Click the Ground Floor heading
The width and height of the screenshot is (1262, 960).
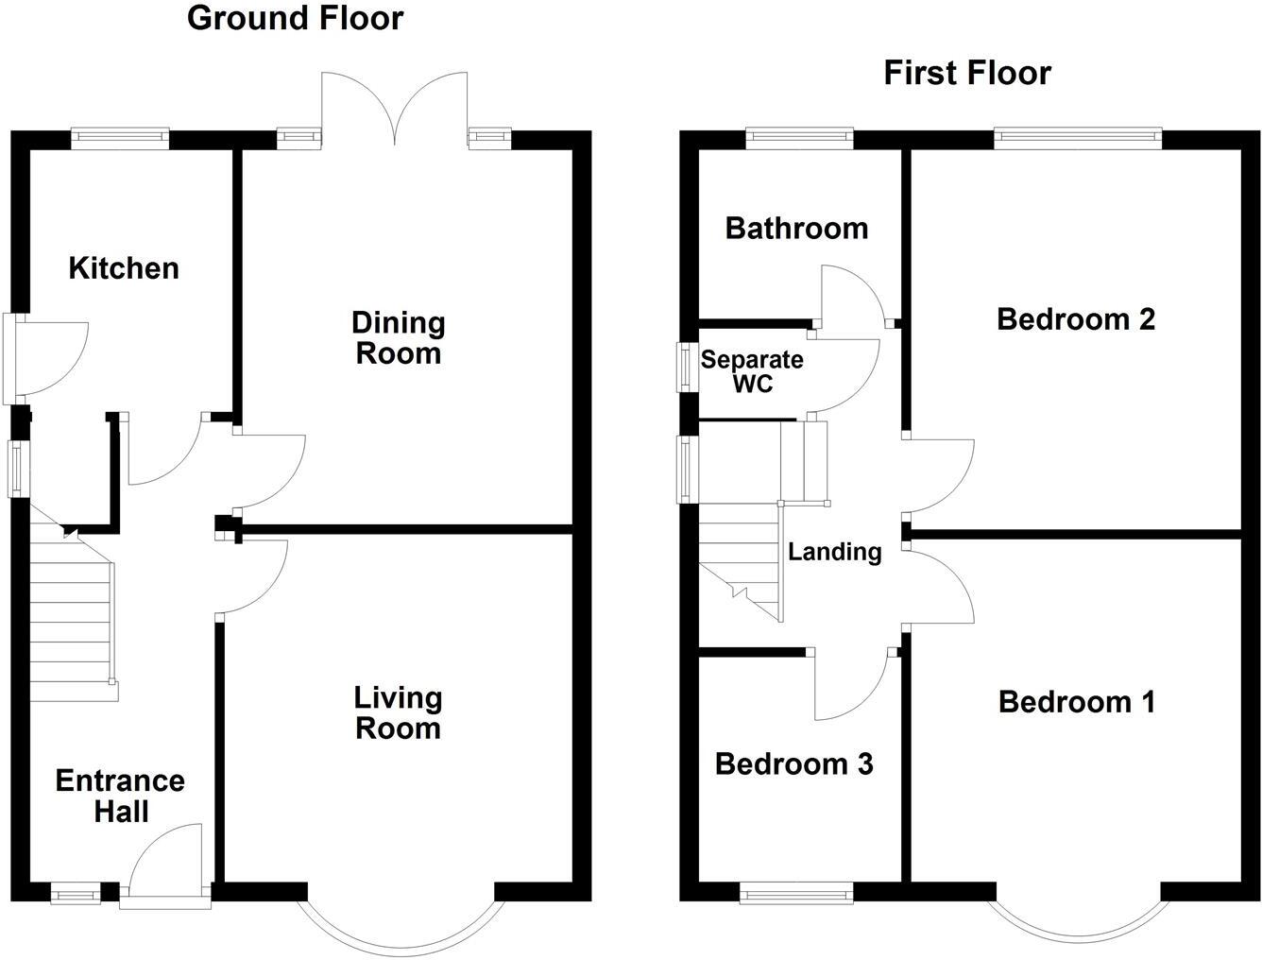pyautogui.click(x=295, y=18)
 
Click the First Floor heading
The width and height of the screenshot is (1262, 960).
pyautogui.click(x=966, y=73)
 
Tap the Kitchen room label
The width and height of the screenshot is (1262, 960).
pyautogui.click(x=124, y=268)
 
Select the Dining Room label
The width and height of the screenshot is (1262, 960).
pyautogui.click(x=398, y=337)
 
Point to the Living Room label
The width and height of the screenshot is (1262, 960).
pyautogui.click(x=398, y=712)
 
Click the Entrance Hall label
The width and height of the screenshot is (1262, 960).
pyautogui.click(x=120, y=796)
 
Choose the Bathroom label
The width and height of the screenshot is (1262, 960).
pyautogui.click(x=796, y=228)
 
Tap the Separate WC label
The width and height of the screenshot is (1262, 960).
pyautogui.click(x=752, y=371)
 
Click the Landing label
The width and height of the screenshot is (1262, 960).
pyautogui.click(x=835, y=551)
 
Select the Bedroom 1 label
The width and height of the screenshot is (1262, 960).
pyautogui.click(x=1076, y=701)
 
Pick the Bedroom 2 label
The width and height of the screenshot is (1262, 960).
pyautogui.click(x=1076, y=318)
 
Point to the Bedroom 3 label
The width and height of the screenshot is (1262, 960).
pyautogui.click(x=793, y=763)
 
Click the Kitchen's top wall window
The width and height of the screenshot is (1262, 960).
pyautogui.click(x=121, y=139)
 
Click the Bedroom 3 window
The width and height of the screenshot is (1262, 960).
pyautogui.click(x=795, y=893)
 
